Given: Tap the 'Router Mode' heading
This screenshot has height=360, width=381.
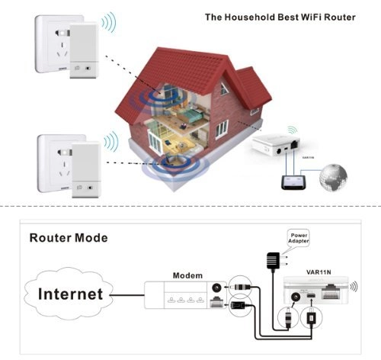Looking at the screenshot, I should pyautogui.click(x=69, y=238).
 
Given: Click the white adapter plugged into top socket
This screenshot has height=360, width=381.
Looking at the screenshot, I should pyautogui.click(x=85, y=53).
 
